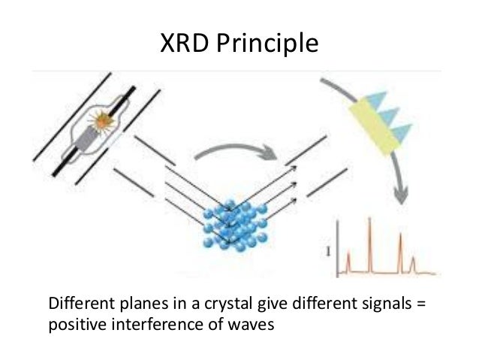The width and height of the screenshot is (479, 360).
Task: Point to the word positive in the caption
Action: coord(73,325)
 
